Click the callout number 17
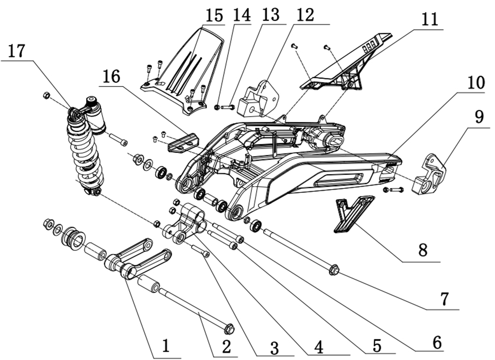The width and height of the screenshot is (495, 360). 16,51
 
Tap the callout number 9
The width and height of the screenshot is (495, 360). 479,117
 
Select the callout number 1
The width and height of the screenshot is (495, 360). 166,346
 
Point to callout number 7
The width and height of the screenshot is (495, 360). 444,299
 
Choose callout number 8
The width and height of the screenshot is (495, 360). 423,251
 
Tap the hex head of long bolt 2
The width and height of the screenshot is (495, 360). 229,329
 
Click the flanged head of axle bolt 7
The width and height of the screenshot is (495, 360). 334,269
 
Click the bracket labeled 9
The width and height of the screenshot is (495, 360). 431,174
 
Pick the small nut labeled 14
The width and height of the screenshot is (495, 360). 217,107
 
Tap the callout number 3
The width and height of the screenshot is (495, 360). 274,349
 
